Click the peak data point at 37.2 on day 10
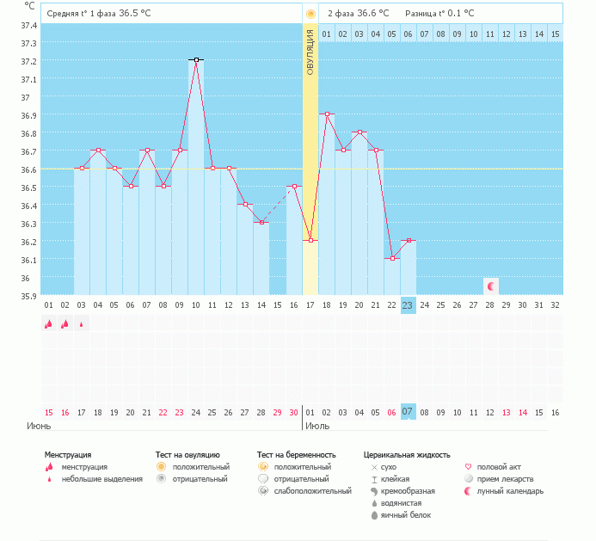(196, 59)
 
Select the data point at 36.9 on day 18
(327, 114)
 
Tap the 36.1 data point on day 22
(392, 258)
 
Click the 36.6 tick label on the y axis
(28, 169)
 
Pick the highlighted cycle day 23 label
(409, 305)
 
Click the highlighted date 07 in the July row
(409, 412)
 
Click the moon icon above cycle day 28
(490, 286)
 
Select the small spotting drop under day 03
(82, 324)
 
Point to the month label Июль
(317, 425)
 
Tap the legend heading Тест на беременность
(296, 454)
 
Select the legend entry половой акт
(496, 466)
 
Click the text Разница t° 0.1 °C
(439, 13)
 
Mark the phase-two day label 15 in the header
(556, 34)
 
